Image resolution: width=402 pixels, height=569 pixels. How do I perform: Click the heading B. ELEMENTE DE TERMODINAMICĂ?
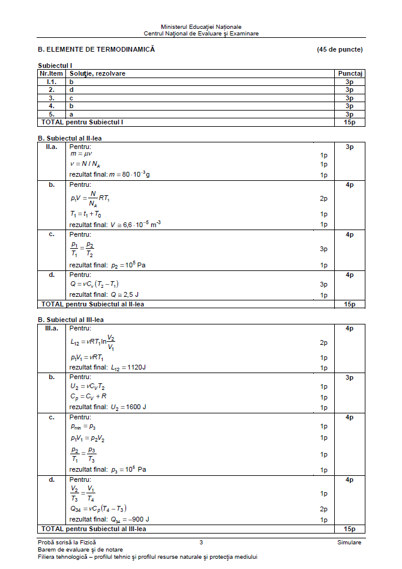(96, 49)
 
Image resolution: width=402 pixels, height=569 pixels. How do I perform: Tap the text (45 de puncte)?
(340, 49)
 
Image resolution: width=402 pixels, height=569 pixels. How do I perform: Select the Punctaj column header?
(350, 73)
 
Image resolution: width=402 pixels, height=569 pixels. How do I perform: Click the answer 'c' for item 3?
(71, 97)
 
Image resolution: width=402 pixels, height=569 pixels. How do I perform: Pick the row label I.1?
(52, 81)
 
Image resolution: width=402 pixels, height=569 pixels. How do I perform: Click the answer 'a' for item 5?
(71, 114)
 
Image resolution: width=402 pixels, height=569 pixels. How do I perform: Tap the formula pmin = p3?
(83, 426)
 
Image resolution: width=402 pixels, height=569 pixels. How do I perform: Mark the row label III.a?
(52, 328)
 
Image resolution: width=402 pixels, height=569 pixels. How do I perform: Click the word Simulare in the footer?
(349, 542)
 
